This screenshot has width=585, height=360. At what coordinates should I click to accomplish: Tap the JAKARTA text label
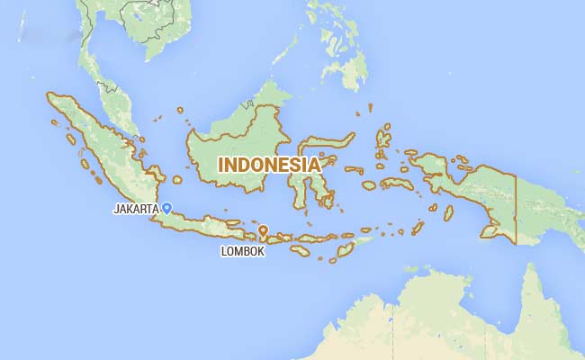tap(135, 209)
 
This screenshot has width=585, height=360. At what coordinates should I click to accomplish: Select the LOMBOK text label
tap(243, 252)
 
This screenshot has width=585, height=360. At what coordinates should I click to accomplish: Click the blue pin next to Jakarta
tap(166, 208)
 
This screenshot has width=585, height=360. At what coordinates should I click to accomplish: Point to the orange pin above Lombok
tap(263, 231)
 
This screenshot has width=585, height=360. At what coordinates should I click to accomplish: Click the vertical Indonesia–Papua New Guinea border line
tap(516, 207)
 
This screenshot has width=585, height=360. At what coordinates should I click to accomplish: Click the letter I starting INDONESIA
tap(222, 166)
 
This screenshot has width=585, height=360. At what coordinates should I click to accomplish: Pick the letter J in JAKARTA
tap(115, 209)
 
